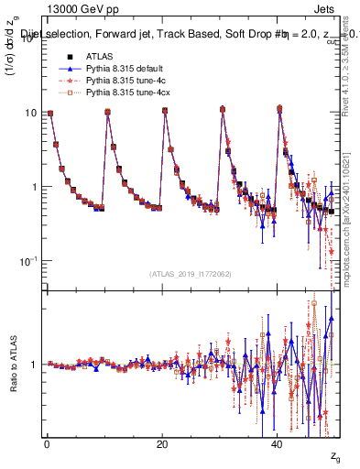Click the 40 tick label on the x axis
point(278,444)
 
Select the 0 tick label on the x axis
point(47,444)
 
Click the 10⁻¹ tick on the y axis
point(27,261)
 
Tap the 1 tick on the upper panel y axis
point(34,187)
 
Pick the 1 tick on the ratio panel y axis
point(34,365)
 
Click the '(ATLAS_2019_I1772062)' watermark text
point(190,273)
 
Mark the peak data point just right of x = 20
point(165,111)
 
